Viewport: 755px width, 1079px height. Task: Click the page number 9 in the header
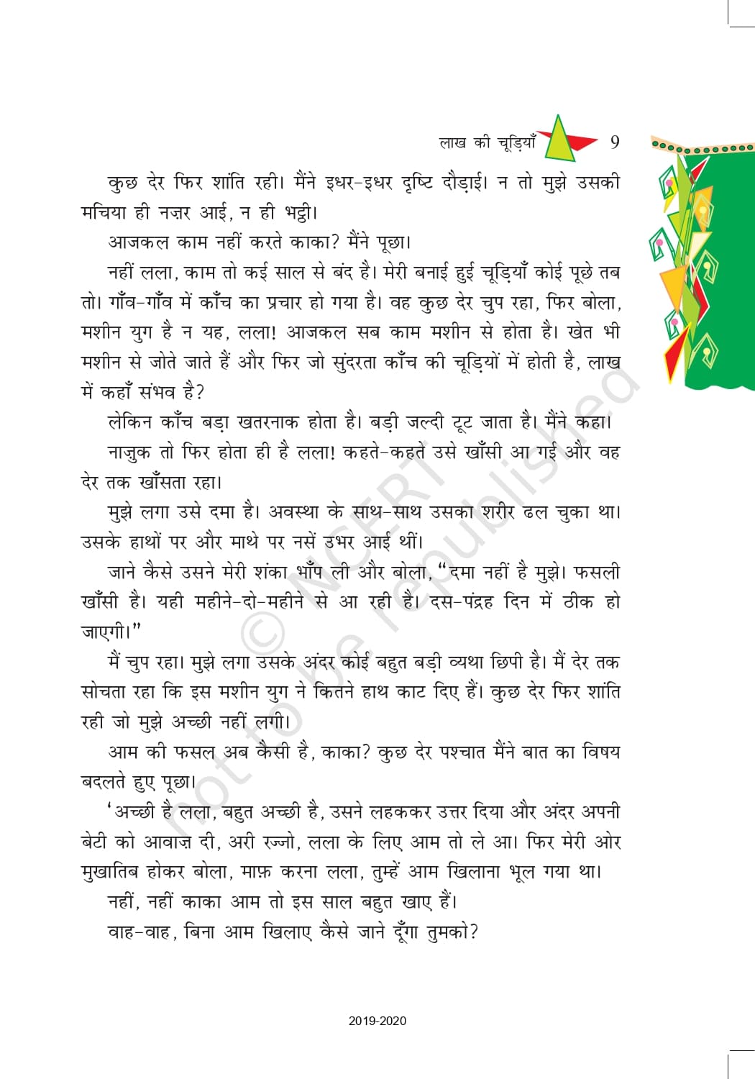click(615, 142)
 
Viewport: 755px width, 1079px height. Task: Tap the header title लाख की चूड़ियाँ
click(487, 142)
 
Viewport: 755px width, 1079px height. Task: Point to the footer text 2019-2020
click(377, 1021)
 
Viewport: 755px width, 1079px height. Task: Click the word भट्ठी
click(301, 212)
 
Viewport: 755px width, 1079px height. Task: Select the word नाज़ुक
click(129, 452)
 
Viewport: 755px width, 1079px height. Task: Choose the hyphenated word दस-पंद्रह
click(462, 602)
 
